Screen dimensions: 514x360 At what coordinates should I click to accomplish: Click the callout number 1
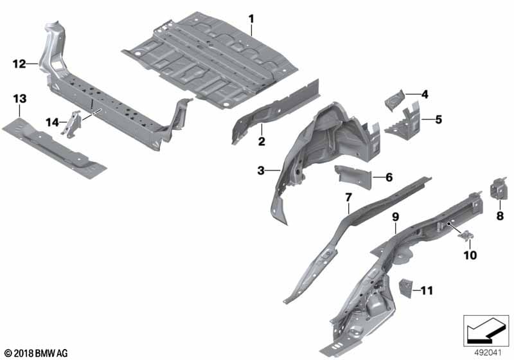click(251, 19)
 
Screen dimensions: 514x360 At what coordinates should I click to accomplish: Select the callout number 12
click(19, 64)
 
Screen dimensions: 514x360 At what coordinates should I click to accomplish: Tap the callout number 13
click(20, 98)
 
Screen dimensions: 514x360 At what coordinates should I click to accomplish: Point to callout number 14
click(52, 123)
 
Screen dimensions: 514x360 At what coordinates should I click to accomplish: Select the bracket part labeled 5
click(402, 120)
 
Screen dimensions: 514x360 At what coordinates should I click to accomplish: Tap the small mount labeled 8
click(498, 188)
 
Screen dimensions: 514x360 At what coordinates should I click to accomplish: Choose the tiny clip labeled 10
click(466, 236)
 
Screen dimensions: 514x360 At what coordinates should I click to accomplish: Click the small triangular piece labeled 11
click(405, 288)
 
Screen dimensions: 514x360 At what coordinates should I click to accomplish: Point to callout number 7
click(348, 197)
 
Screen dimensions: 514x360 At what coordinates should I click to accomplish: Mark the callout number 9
click(396, 217)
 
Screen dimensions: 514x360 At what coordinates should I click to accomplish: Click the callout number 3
click(261, 170)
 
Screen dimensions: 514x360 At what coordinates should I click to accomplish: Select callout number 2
click(261, 141)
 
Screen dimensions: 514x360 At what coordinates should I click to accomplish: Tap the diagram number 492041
click(488, 353)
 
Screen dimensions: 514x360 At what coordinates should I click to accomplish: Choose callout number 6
click(389, 177)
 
